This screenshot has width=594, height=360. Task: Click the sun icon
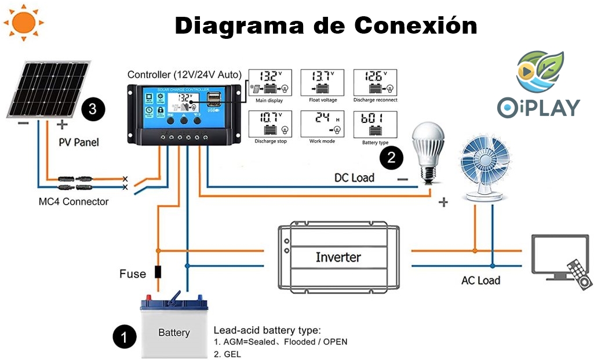coord(24,23)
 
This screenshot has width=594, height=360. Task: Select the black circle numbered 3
coord(93,108)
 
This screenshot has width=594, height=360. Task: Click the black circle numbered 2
coord(391,157)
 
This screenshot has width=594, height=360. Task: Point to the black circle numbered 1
coord(124,337)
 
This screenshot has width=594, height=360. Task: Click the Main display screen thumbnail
coord(270,83)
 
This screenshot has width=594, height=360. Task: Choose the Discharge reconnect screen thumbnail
coord(376,83)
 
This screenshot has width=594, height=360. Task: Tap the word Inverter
coord(338,257)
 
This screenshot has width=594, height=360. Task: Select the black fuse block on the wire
coord(157,272)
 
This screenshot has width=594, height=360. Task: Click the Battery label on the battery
coord(174,333)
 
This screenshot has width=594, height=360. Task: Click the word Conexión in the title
coord(416,26)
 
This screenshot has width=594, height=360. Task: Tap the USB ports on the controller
coord(216,100)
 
